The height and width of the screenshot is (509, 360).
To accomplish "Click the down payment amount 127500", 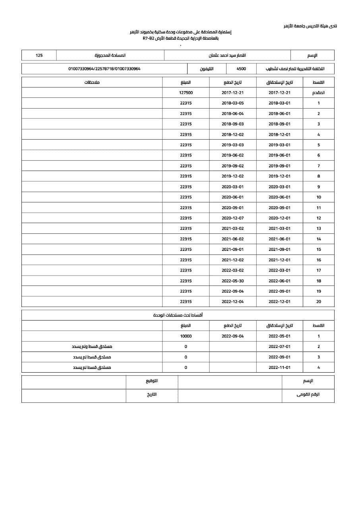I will (186, 93).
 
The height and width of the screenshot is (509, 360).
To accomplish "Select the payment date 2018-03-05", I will (232, 103).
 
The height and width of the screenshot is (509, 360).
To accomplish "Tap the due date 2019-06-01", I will (279, 155).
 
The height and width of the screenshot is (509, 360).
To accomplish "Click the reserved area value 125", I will (39, 55).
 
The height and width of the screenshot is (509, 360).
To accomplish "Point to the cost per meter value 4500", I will (241, 69).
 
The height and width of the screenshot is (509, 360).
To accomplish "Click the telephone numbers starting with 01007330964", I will (104, 69).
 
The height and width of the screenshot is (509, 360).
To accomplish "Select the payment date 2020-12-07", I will (232, 218).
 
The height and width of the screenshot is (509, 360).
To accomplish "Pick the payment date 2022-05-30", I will (232, 281).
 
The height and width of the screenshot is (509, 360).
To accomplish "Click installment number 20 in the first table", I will (318, 302).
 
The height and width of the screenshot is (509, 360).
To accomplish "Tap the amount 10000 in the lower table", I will (186, 336).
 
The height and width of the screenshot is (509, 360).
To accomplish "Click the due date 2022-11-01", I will (279, 367).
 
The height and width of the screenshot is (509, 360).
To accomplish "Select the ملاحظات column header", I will (92, 82).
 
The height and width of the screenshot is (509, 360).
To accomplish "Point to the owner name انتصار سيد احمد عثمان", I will (227, 55).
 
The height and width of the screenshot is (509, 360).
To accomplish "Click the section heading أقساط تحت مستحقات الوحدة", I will (178, 315).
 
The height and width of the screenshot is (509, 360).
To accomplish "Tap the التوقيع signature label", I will (152, 381).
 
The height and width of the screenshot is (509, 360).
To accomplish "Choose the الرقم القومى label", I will (308, 395).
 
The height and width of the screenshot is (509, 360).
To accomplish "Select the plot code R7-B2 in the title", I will (148, 38).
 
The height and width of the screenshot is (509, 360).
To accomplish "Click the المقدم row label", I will (318, 93).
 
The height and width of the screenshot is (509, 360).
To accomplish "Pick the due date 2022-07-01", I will (279, 347).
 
